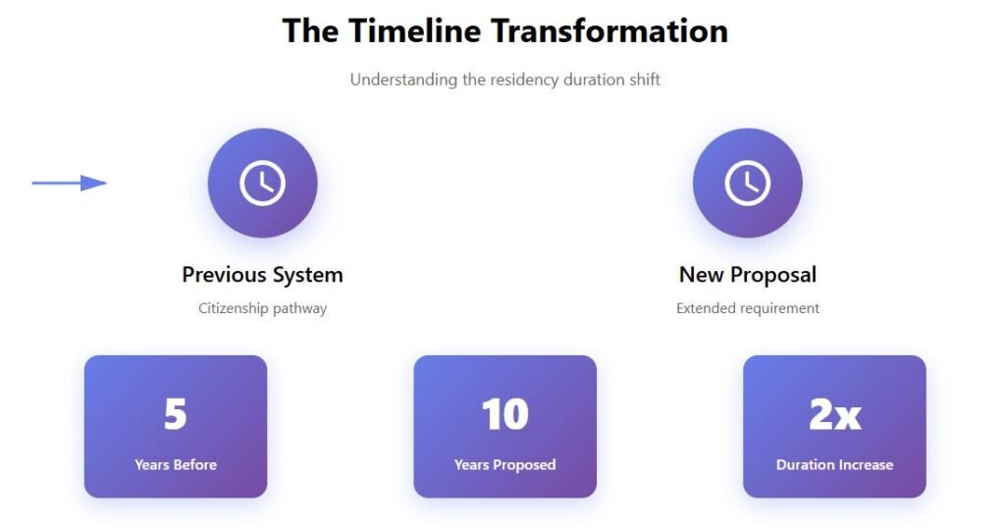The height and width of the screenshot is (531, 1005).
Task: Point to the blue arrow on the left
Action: point(70,183)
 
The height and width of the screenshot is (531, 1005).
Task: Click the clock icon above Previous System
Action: point(262,183)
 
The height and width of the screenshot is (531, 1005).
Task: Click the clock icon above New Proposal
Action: point(747,183)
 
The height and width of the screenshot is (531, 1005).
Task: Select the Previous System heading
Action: point(262,275)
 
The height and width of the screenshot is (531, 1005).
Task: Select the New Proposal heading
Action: point(747,275)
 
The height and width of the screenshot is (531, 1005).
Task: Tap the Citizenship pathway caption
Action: point(262,308)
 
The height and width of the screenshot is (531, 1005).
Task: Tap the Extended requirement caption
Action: point(747,308)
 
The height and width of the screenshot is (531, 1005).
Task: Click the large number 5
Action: point(175,414)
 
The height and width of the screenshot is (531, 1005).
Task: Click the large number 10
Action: point(505,414)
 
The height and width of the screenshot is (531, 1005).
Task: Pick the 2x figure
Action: point(834,414)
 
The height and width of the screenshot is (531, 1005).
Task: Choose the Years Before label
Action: point(176,464)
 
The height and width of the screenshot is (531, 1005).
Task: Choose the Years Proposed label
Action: point(505,465)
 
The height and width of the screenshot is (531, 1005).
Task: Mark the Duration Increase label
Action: point(834,464)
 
